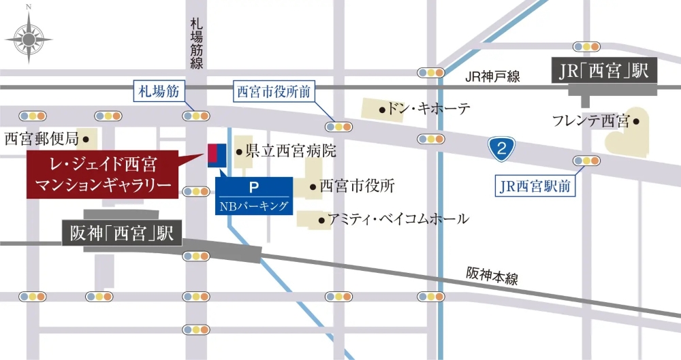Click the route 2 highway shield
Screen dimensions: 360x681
tap(501, 149)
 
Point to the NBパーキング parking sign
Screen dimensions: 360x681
tap(254, 195)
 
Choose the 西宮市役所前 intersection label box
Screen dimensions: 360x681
tap(272, 91)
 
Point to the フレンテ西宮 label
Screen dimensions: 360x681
tap(590, 122)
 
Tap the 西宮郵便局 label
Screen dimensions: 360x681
tap(42, 139)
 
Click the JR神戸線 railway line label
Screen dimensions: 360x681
tap(493, 76)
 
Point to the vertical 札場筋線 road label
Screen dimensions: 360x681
tap(197, 44)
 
